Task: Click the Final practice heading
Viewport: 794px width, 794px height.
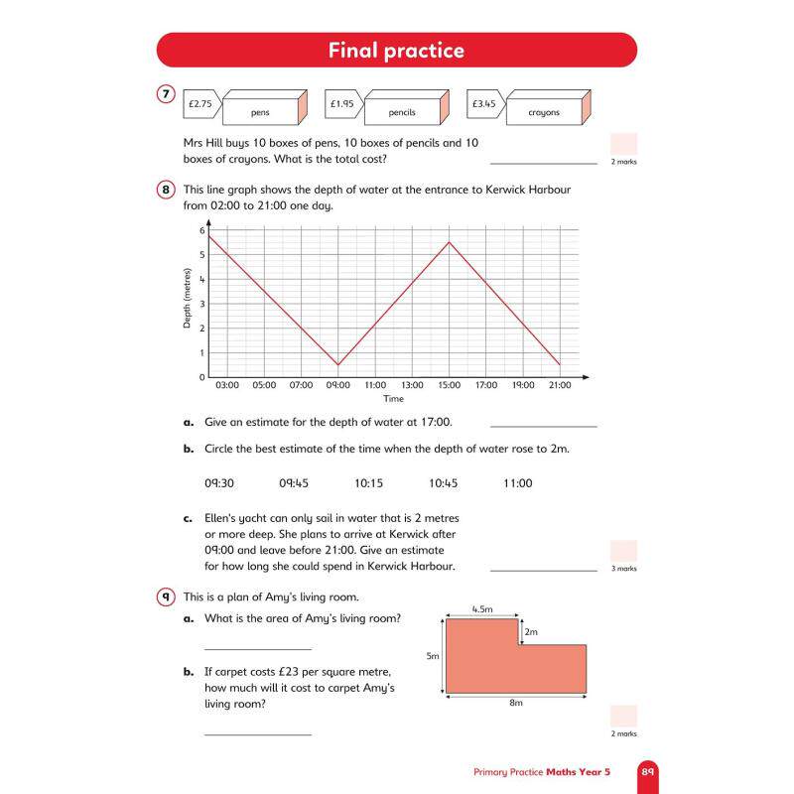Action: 396,51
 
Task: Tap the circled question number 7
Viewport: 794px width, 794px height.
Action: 166,94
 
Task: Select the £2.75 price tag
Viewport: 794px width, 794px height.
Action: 202,104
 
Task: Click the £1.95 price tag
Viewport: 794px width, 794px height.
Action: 343,104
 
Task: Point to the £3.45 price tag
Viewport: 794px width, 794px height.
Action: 485,104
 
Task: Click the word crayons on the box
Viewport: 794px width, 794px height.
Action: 544,112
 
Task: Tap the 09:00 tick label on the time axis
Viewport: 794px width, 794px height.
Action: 337,385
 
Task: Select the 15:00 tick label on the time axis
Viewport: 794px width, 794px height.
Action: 450,385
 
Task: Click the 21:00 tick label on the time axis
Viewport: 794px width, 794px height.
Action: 560,385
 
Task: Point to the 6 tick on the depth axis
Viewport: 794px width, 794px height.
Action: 202,230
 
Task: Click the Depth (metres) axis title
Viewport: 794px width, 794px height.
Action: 188,299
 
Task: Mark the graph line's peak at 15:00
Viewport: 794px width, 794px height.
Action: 450,242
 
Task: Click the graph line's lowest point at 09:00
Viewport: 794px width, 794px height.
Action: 338,364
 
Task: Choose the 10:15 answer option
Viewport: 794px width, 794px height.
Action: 368,483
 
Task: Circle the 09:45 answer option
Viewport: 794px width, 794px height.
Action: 294,483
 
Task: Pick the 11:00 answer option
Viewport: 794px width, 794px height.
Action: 517,483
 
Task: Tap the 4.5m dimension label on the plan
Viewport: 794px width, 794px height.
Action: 482,609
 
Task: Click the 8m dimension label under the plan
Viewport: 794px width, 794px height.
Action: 516,703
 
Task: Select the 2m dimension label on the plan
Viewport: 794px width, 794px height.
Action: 531,632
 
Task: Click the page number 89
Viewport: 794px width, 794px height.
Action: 648,772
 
